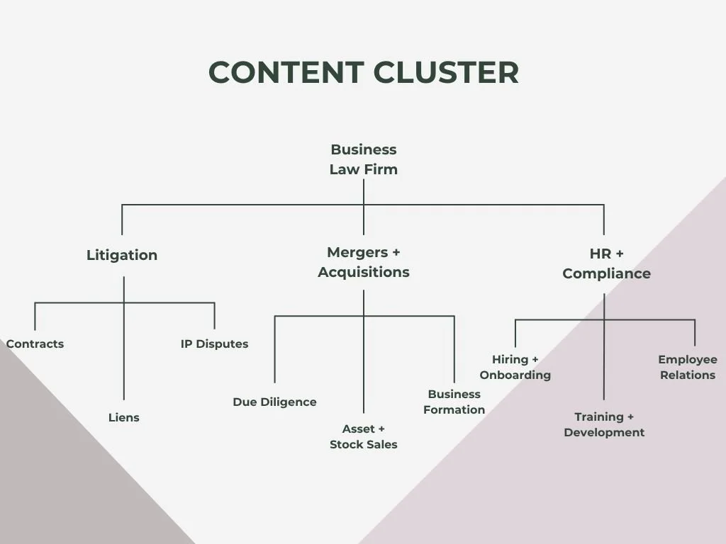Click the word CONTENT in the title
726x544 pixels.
point(286,73)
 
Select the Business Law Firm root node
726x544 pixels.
point(364,159)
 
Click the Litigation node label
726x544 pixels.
point(122,255)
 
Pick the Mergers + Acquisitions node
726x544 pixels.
point(364,262)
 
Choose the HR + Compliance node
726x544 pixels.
point(607,263)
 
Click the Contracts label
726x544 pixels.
point(35,344)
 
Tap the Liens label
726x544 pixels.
point(123,417)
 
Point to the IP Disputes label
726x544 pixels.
point(214,344)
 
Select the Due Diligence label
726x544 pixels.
point(274,402)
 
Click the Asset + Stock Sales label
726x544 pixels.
point(364,436)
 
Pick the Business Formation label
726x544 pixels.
point(454,402)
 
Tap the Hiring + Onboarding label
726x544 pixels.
point(515,368)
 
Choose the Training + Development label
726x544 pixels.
point(604,425)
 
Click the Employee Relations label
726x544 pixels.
point(688,368)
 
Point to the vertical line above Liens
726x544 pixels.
point(123,338)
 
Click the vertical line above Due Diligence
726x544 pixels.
point(274,349)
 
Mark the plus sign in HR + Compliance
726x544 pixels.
point(620,254)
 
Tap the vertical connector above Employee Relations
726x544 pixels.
point(695,333)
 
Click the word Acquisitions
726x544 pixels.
point(364,272)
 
